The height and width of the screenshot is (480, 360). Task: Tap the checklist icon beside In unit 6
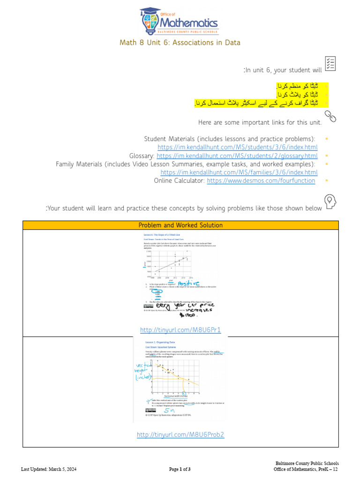[330, 64]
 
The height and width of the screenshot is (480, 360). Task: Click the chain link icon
[330, 116]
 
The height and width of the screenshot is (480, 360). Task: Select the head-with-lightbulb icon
[331, 202]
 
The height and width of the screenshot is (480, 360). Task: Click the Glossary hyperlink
[237, 156]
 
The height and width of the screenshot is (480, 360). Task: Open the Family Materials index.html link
[239, 172]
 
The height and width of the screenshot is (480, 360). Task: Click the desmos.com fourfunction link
[261, 180]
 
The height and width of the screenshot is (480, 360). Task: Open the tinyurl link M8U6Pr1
[180, 330]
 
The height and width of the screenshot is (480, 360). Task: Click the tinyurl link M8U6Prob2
[180, 435]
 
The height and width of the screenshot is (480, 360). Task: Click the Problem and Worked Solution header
[180, 225]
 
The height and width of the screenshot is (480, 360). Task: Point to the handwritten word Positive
[189, 284]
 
